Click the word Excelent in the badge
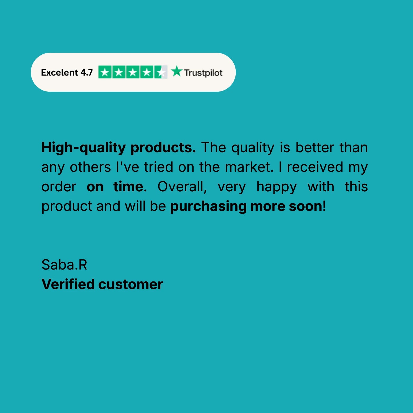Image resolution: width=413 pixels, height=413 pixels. coord(59,72)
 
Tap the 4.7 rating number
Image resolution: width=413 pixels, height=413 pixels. coord(86,72)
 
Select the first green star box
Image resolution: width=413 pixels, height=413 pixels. coord(105,72)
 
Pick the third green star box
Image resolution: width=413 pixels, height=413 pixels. coord(133,72)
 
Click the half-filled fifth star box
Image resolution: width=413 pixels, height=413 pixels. coord(161,72)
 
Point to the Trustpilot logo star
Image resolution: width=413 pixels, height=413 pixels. coord(177,71)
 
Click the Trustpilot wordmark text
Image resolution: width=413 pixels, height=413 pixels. coord(203,73)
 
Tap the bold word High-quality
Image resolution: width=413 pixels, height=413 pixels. coord(83,148)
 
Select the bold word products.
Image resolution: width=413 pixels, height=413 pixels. coord(163,148)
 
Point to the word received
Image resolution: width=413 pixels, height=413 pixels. coord(315,167)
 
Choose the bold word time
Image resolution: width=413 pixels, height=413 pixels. coord(128,187)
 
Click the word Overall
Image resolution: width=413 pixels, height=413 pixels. coord(182,187)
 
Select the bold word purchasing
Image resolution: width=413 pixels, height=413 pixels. coord(208,207)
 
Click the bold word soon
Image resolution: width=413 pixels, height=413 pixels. coord(305,206)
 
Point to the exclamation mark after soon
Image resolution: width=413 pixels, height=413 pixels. coord(324,206)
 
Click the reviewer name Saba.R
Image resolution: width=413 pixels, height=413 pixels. coord(64,265)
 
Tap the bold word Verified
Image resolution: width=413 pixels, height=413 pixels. coord(68,284)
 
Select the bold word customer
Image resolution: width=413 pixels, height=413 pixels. coord(131,285)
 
